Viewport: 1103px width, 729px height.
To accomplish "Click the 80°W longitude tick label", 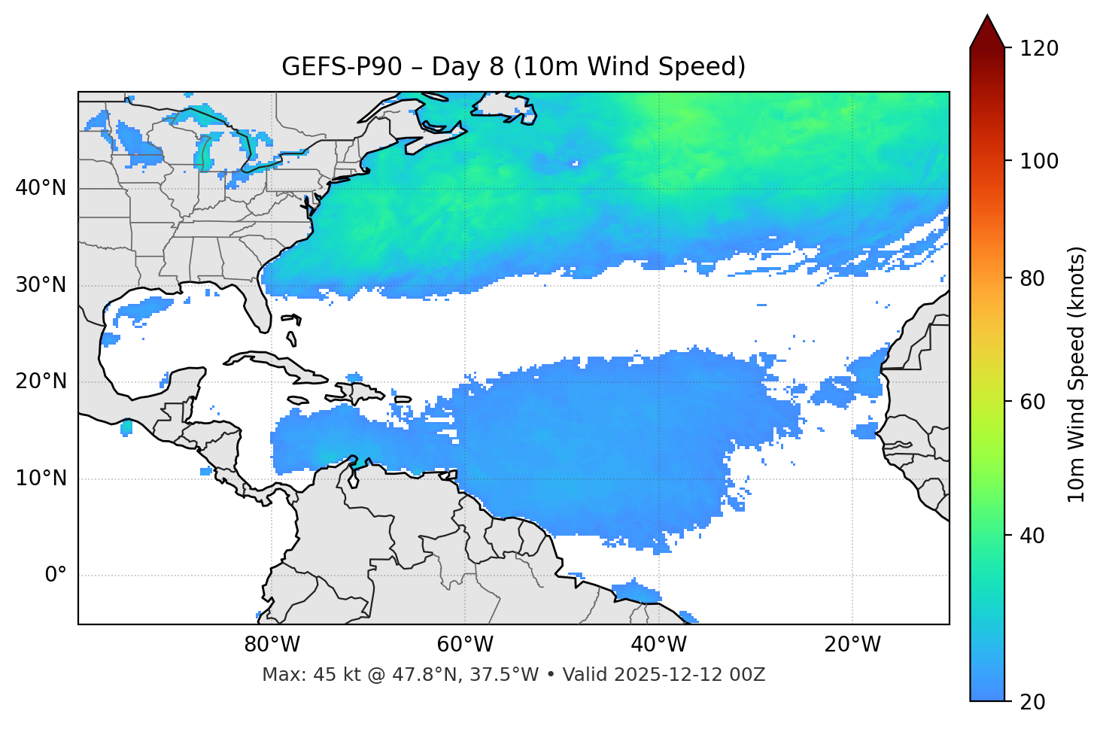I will coord(272,645).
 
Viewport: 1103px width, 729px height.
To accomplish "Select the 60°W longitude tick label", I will coord(465,645).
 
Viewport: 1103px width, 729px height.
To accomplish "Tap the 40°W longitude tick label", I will coord(658,645).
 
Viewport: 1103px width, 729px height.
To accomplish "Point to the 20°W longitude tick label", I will coord(852,645).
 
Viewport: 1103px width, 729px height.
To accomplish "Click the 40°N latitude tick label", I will coord(41,188).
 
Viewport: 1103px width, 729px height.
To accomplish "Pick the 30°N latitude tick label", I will coord(41,285).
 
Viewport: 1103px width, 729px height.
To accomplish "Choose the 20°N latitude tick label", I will coord(41,381).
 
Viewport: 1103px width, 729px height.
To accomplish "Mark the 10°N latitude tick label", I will coord(41,478).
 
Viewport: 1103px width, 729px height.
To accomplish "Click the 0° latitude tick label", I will coord(56,576).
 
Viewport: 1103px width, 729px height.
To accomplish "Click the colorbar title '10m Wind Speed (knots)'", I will coord(1077,374).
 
